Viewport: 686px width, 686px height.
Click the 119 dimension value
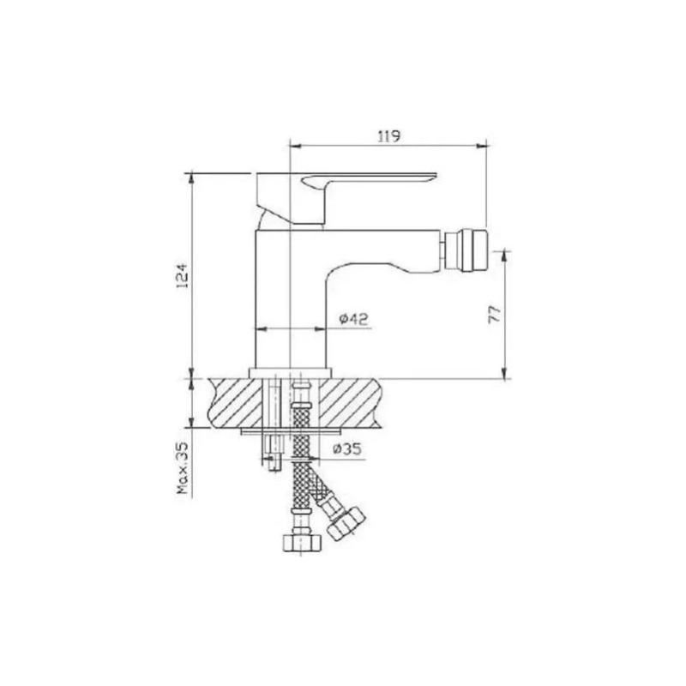point(389,136)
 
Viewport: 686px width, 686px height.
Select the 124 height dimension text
point(182,275)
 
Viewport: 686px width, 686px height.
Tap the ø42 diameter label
point(354,319)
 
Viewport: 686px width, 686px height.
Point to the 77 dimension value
point(494,314)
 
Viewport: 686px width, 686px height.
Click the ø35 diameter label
point(347,448)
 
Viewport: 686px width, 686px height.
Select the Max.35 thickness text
point(183,468)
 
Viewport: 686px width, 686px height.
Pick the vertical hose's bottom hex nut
point(302,542)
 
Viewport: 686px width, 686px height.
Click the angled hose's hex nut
point(346,524)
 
